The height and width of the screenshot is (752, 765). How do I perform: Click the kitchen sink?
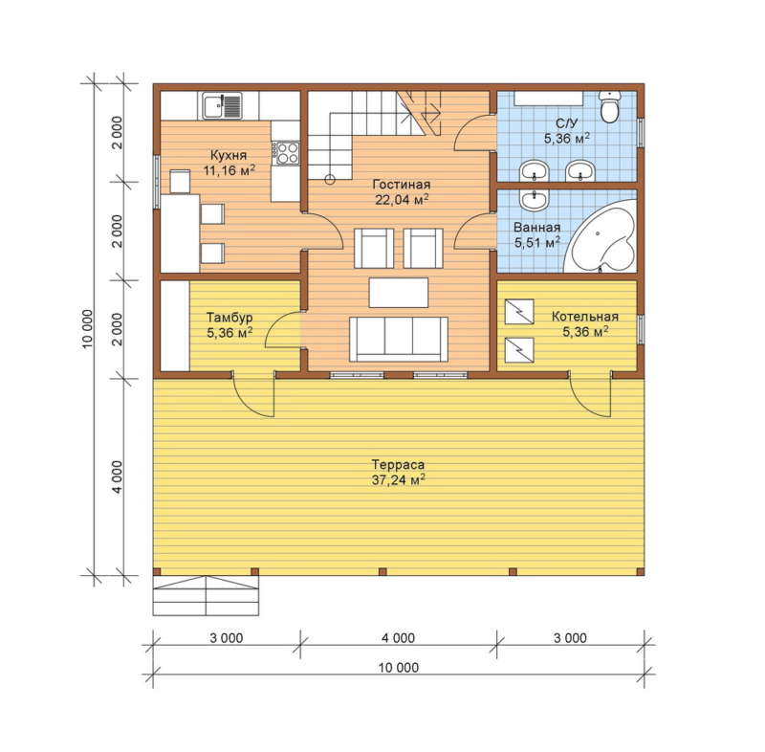point(222,106)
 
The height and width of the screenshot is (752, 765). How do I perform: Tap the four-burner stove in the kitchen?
point(288,153)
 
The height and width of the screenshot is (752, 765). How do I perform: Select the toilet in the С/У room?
point(610,106)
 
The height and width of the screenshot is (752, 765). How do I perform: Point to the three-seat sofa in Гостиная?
point(398,339)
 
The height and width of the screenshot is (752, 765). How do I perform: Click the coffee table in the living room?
point(398,293)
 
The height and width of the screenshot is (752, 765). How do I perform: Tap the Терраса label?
point(398,464)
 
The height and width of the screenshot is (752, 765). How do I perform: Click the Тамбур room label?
point(229,318)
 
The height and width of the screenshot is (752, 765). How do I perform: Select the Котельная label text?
point(585,317)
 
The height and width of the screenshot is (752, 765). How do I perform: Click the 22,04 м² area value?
point(402,200)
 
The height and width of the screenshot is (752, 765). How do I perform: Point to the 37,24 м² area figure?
point(398,479)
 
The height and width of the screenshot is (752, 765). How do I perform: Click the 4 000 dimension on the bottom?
point(398,638)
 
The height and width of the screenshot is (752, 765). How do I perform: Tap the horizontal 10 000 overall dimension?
point(399,667)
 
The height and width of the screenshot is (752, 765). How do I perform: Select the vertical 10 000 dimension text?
point(87,329)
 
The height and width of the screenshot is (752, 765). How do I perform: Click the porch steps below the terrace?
point(206,595)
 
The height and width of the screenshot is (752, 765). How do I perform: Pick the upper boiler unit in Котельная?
point(519,311)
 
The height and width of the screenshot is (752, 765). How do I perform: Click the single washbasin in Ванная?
point(535,200)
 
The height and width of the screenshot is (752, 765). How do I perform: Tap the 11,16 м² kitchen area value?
point(229,170)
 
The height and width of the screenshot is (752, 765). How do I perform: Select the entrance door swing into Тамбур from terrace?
point(253,395)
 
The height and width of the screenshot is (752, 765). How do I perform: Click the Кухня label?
point(229,155)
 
